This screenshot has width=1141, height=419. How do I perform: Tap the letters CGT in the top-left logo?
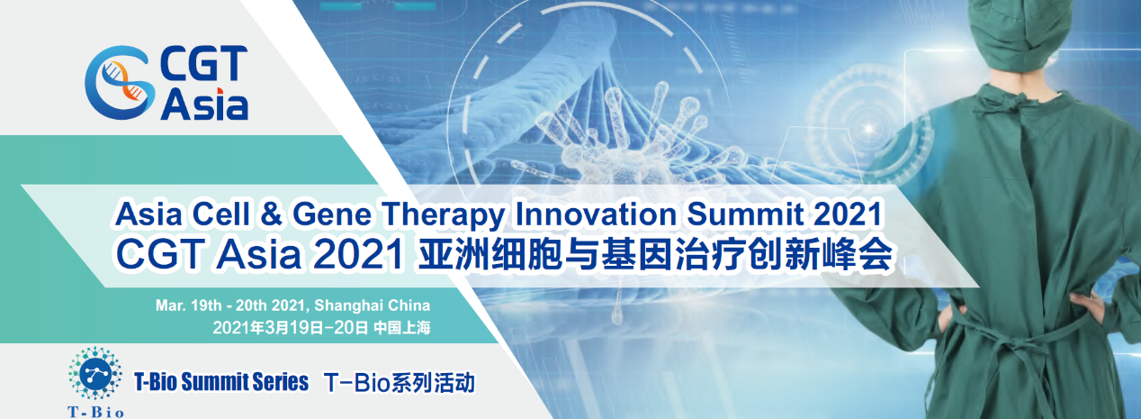click(204, 63)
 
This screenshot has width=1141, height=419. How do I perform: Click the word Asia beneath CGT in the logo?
click(205, 105)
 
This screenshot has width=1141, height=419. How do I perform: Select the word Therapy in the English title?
click(443, 214)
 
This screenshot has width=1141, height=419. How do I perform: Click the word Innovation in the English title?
click(596, 214)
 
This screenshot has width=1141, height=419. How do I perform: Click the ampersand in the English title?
click(271, 214)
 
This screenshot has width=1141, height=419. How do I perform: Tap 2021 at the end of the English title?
click(848, 214)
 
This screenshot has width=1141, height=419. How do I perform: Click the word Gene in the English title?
click(332, 214)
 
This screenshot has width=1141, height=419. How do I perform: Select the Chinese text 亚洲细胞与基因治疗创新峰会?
click(655, 253)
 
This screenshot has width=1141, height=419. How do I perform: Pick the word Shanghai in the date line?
click(342, 305)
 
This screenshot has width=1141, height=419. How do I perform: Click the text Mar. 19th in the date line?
click(188, 305)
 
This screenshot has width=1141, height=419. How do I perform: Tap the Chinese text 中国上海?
click(402, 327)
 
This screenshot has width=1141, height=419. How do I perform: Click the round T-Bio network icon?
click(94, 374)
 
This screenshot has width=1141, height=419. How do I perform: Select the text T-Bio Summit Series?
click(221, 382)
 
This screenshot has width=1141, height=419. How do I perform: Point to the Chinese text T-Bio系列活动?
click(400, 383)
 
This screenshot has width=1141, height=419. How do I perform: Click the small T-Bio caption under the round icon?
click(95, 412)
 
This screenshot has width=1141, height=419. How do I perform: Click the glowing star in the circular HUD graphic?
click(868, 128)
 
